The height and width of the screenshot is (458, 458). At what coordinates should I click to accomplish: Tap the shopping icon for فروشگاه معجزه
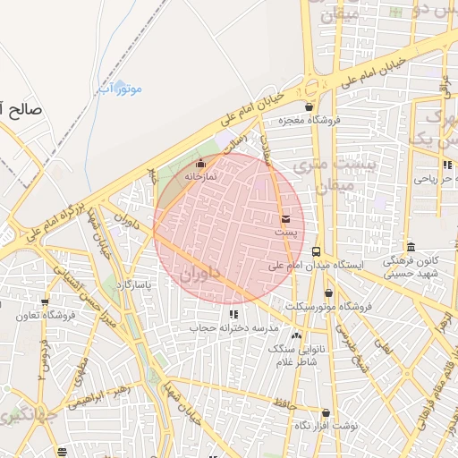click(x=309, y=107)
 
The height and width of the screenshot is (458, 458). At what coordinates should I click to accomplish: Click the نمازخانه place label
click(x=201, y=176)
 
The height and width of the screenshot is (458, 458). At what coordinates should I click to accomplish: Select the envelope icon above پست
click(x=285, y=219)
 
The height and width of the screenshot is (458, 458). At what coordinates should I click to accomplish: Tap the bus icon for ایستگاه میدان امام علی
click(x=317, y=252)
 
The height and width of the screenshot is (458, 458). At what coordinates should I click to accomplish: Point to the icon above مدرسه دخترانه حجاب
click(x=233, y=315)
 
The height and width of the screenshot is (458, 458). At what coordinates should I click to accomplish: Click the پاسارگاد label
click(x=136, y=285)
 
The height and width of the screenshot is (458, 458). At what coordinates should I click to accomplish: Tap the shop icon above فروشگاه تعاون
click(x=45, y=302)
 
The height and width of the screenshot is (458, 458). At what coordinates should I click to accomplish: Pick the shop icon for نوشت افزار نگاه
click(x=325, y=414)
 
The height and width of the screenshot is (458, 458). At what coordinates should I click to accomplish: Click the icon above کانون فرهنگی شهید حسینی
click(x=411, y=247)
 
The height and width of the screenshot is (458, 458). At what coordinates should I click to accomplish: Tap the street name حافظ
click(x=285, y=404)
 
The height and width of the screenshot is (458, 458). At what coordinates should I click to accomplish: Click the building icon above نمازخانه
click(x=199, y=164)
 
